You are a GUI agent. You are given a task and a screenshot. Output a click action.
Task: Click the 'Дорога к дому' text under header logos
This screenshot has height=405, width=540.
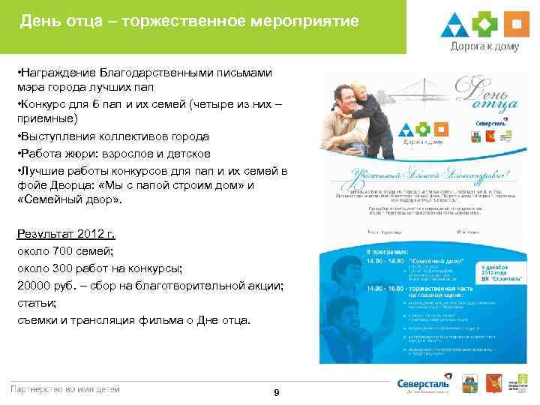pos(485,46)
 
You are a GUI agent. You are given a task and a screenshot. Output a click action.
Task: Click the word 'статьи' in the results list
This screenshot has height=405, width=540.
pos(33,303)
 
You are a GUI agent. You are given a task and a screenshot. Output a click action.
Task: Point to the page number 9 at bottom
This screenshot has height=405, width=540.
pos(277,393)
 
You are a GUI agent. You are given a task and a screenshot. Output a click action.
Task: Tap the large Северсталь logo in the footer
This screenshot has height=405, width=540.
pos(423,383)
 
